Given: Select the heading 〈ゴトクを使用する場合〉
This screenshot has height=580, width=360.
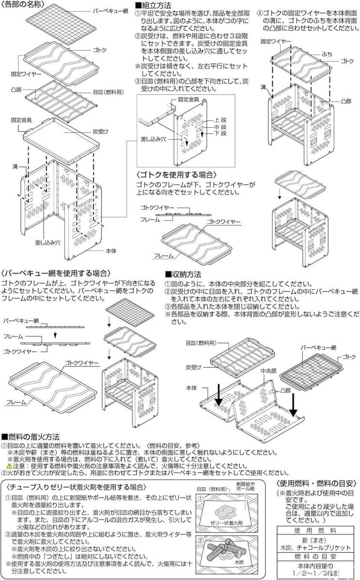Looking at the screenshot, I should (176, 174).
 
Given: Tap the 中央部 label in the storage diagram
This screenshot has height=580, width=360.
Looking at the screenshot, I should (268, 372).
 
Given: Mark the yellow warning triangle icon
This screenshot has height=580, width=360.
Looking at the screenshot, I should (9, 466).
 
